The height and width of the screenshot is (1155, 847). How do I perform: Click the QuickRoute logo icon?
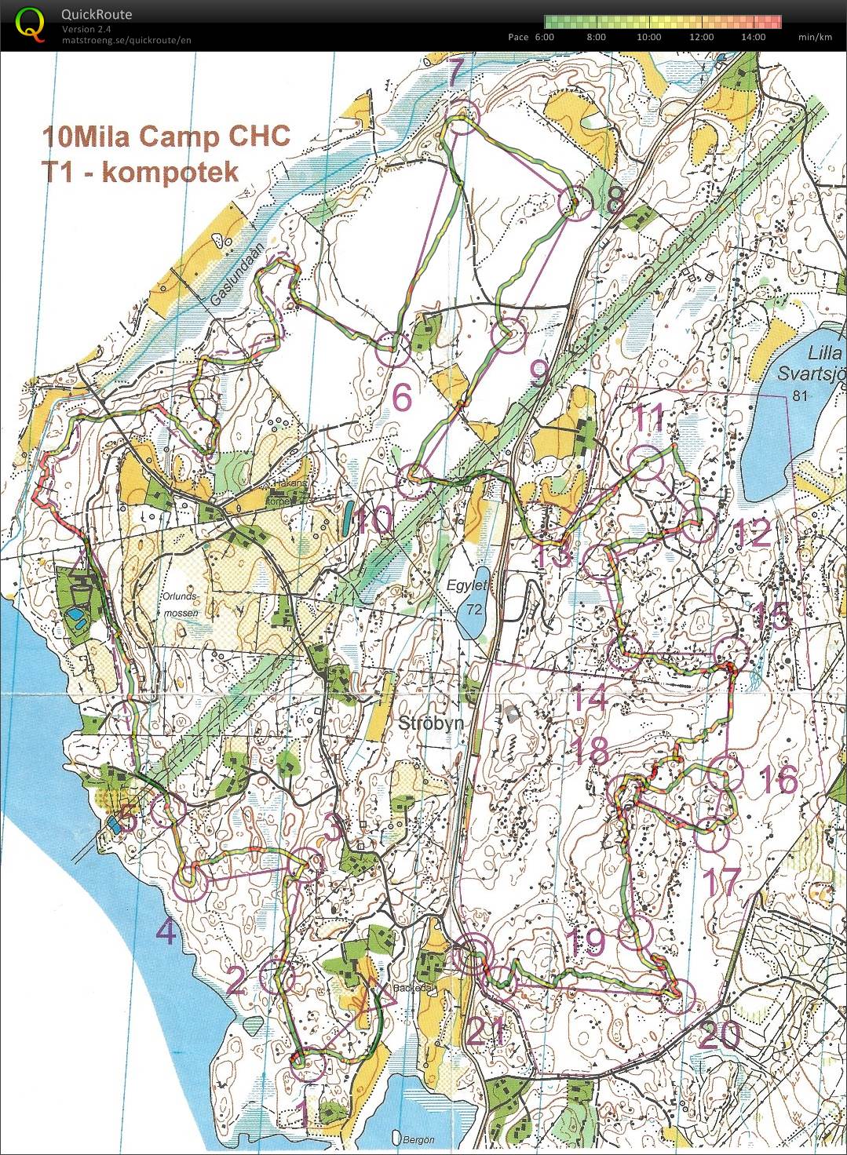click(x=30, y=23)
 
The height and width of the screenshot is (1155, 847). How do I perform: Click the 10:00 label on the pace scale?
click(x=648, y=37)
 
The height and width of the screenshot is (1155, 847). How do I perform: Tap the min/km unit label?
click(x=815, y=37)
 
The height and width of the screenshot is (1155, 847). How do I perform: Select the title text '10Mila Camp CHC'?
click(x=166, y=137)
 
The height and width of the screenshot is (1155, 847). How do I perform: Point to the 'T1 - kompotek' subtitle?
click(x=141, y=171)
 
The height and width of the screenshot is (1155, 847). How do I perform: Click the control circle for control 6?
click(x=392, y=348)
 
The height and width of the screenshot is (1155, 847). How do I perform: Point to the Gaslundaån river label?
click(x=240, y=278)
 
